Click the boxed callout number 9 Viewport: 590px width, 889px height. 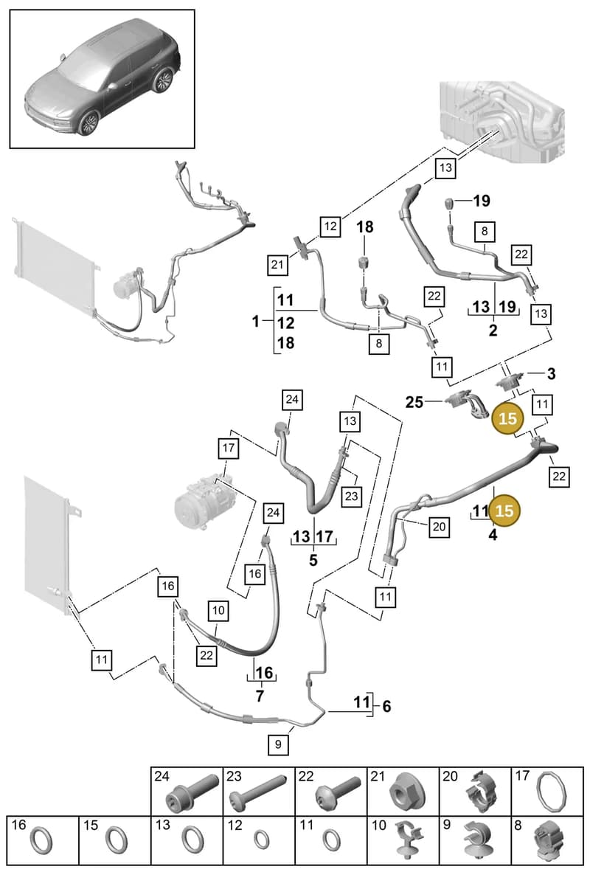[x=278, y=744]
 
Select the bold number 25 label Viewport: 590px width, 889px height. [x=414, y=402]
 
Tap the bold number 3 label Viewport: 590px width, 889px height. [x=551, y=374]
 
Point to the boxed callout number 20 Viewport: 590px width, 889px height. [x=439, y=527]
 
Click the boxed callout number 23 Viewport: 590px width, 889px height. [x=351, y=496]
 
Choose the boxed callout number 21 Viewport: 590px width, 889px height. [x=277, y=265]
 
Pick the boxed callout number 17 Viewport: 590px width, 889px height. [x=228, y=448]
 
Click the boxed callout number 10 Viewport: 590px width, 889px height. [x=218, y=610]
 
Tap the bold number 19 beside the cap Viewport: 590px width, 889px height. [x=482, y=201]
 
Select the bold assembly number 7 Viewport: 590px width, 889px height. [x=260, y=695]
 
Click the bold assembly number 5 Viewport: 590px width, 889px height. [x=313, y=560]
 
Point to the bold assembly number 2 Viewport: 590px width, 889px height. [x=493, y=330]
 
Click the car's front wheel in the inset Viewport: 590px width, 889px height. [x=89, y=122]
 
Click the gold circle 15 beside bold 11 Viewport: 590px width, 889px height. [x=504, y=511]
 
